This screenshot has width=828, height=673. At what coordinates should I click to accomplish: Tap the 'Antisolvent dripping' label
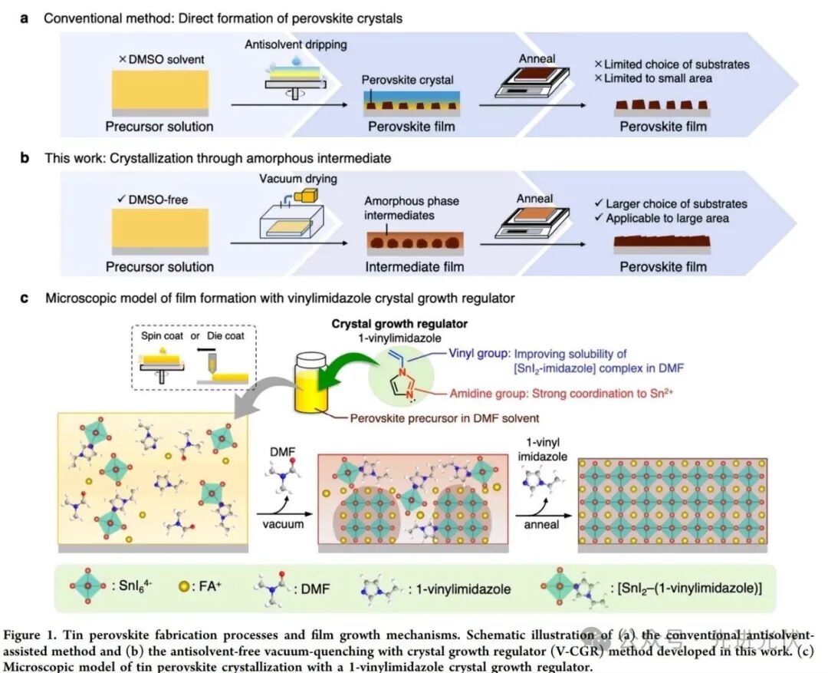[x=296, y=45]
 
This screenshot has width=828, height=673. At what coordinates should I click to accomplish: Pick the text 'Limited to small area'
[x=659, y=78]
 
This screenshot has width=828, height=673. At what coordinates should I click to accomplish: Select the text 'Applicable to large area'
[x=669, y=219]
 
